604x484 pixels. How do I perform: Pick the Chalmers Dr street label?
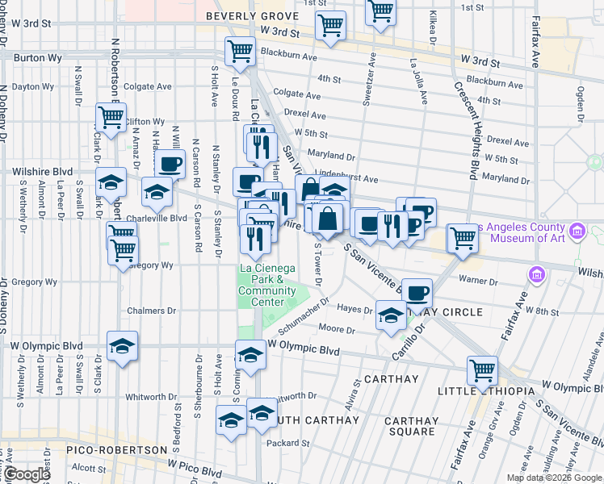(151, 311)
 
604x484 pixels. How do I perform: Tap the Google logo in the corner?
(27, 474)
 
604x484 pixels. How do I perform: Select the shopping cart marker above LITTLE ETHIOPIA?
(482, 370)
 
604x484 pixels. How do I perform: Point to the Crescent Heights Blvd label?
(469, 137)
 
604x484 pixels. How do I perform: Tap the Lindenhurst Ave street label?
(347, 178)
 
